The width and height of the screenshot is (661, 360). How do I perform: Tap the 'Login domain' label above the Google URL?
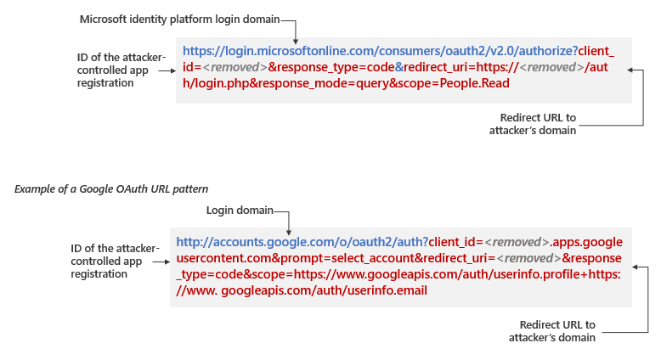(x=240, y=210)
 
